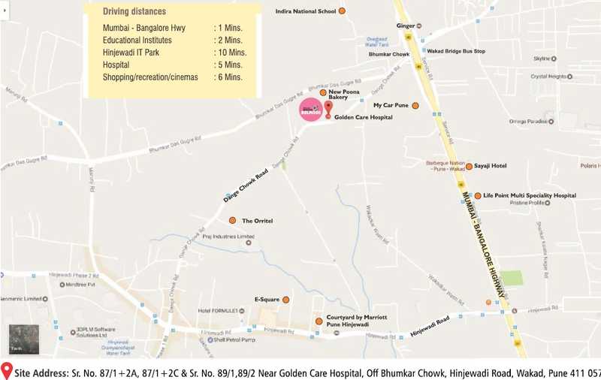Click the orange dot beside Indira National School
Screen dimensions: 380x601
(x=343, y=12)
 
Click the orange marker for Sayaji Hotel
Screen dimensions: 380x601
(x=470, y=166)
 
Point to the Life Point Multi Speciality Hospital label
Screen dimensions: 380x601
(x=530, y=195)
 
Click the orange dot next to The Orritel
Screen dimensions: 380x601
(x=233, y=221)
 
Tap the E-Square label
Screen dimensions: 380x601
(x=267, y=300)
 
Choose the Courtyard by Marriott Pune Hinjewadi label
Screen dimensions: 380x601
(x=357, y=321)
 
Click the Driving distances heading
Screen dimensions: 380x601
(x=135, y=12)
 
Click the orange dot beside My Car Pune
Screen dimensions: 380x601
(x=415, y=105)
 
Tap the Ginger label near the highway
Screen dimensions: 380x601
(x=405, y=26)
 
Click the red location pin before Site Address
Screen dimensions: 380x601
(x=7, y=371)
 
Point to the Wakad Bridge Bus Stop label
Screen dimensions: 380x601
(x=456, y=51)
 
